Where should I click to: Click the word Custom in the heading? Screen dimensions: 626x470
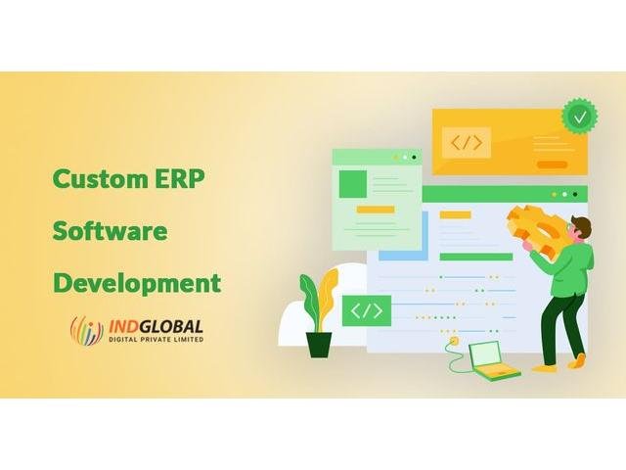100,178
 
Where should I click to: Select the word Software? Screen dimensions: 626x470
110,231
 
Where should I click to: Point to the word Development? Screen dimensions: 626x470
137,284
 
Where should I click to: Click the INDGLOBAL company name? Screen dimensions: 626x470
156,326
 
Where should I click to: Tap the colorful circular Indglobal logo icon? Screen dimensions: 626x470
87,331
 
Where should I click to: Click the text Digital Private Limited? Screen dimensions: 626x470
156,340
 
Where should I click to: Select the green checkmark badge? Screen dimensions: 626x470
580,117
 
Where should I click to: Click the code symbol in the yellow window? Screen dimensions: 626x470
466,142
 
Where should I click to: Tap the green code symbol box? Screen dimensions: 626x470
367,310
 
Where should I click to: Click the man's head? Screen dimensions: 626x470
580,228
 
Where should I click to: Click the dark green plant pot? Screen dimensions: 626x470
319,345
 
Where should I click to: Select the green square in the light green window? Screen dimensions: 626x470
353,184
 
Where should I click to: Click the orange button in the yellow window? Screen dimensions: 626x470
552,164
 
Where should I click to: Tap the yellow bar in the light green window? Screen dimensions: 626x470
376,210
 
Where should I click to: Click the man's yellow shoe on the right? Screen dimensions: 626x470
576,360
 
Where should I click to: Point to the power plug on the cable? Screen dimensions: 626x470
454,341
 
